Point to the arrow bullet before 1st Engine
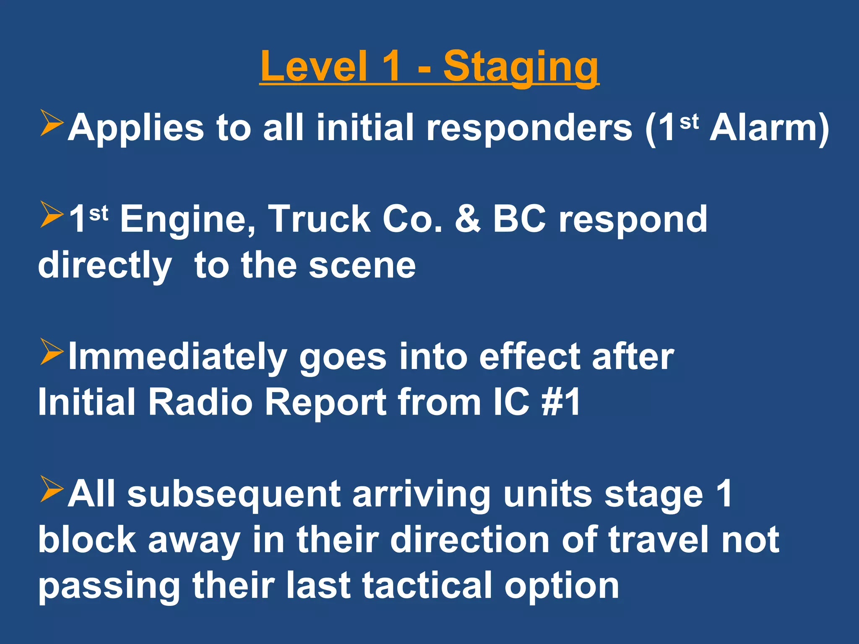click(x=51, y=215)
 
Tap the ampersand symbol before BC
click(x=467, y=219)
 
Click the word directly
click(x=104, y=267)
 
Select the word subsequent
click(x=233, y=496)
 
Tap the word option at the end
click(x=562, y=587)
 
